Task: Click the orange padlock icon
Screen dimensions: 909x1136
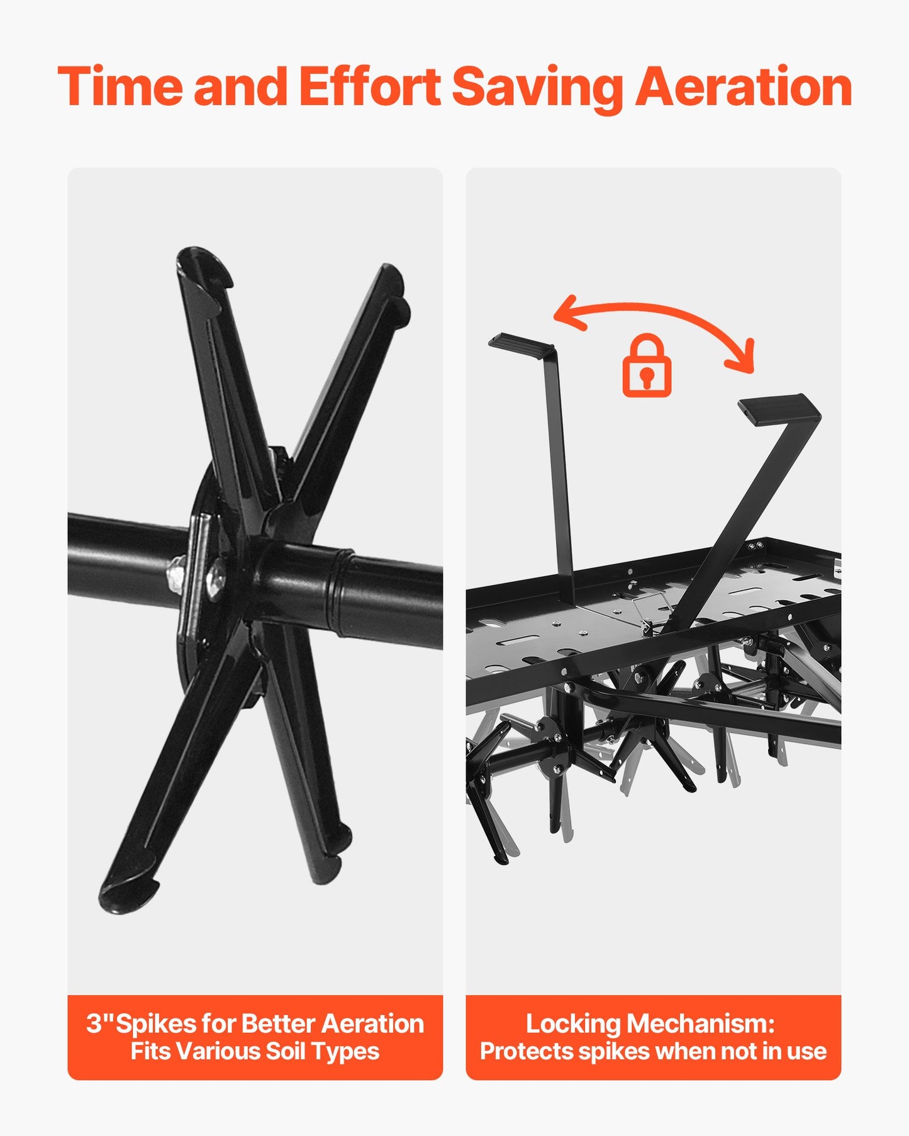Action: pyautogui.click(x=647, y=365)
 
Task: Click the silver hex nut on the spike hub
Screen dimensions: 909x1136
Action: pyautogui.click(x=176, y=575)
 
